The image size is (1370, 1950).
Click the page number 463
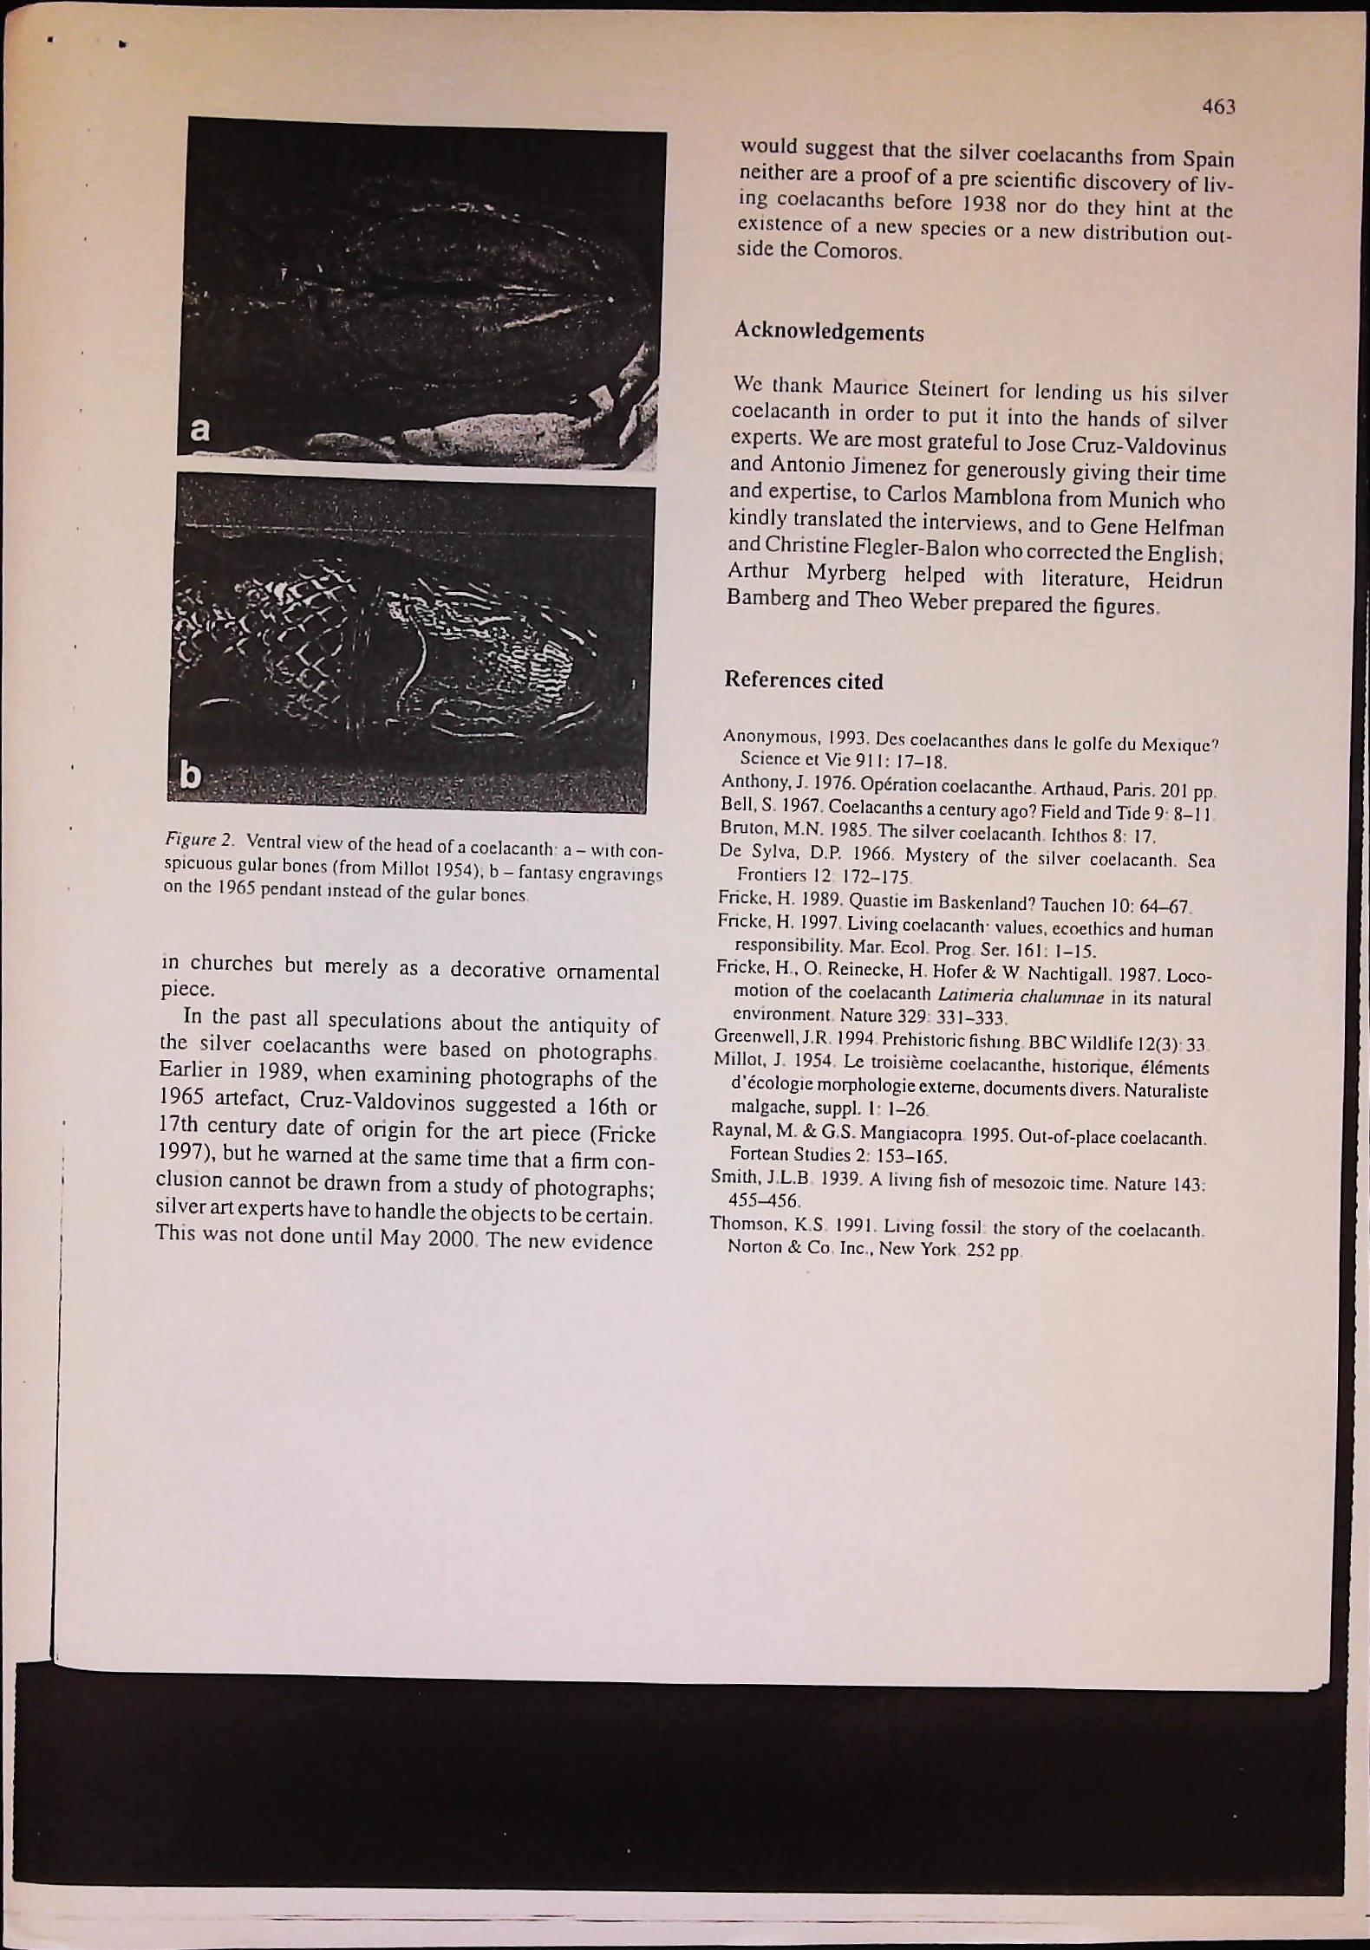coord(1217,106)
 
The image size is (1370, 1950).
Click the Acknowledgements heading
coord(829,332)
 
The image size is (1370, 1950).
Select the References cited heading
coord(804,680)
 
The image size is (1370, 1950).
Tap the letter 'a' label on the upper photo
coord(200,429)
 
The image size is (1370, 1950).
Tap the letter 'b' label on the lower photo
coord(191,777)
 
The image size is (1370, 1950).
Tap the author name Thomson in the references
coord(746,1224)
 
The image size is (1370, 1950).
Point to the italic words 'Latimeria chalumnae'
coord(1017,997)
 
